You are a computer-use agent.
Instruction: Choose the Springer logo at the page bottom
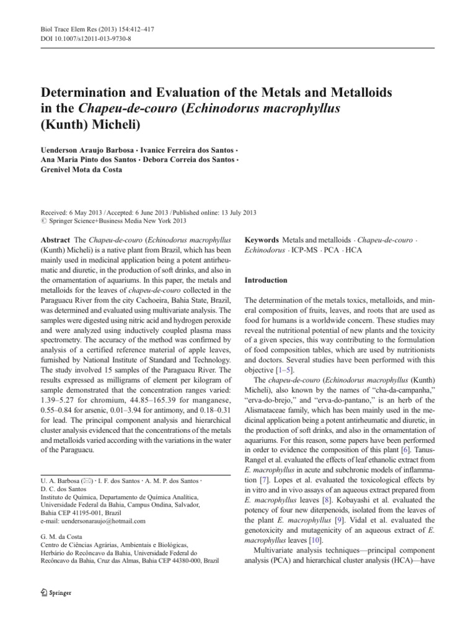click(56, 592)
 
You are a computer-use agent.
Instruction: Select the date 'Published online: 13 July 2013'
click(204, 211)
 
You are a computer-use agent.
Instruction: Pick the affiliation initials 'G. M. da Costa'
click(68, 538)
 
